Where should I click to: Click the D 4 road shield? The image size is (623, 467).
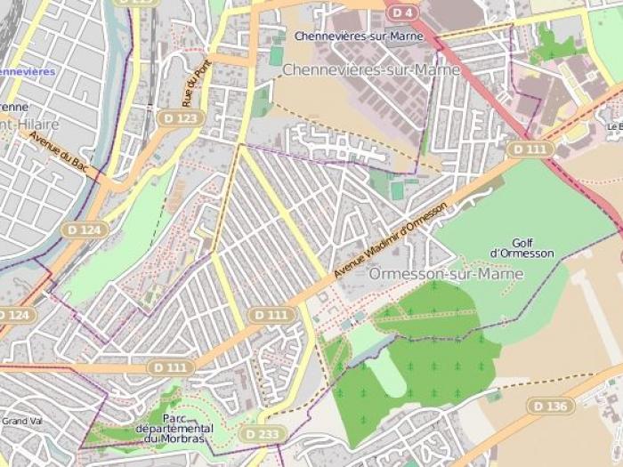click(x=402, y=12)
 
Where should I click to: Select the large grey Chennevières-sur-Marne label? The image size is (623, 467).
click(x=371, y=69)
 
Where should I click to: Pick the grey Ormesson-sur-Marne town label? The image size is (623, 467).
click(x=446, y=274)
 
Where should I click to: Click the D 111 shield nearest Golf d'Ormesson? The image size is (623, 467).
click(x=530, y=149)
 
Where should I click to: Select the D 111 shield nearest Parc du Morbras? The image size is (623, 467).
click(x=171, y=366)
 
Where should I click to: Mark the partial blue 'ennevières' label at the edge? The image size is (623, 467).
click(x=27, y=71)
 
